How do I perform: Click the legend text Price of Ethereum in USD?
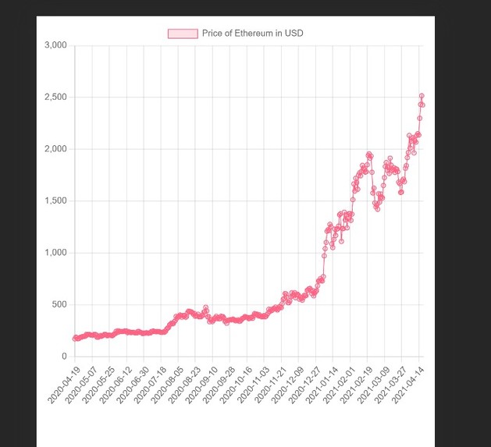pos(252,34)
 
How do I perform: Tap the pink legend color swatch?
pos(183,34)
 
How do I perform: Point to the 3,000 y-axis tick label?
pos(56,45)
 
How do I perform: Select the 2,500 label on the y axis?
pos(56,98)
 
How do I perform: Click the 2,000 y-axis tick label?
pos(56,149)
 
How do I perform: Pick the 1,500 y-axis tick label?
pos(56,201)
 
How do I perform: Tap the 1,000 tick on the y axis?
pos(56,253)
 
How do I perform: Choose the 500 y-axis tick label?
pos(59,305)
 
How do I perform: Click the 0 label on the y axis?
pos(65,357)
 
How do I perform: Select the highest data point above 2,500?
pos(422,96)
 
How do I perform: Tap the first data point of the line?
pos(75,339)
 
